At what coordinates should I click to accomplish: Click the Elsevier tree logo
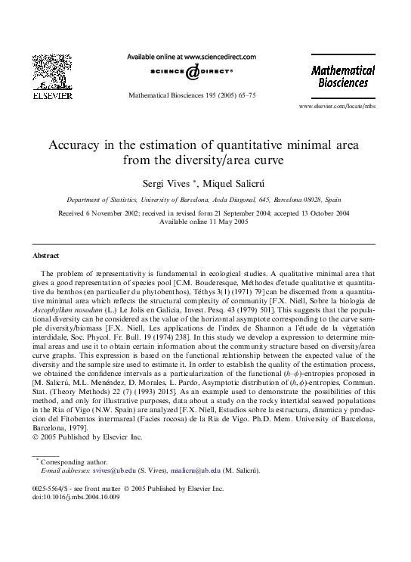click(x=51, y=71)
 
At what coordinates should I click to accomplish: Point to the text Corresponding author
click(x=73, y=461)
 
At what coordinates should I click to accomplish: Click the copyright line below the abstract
click(x=88, y=437)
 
